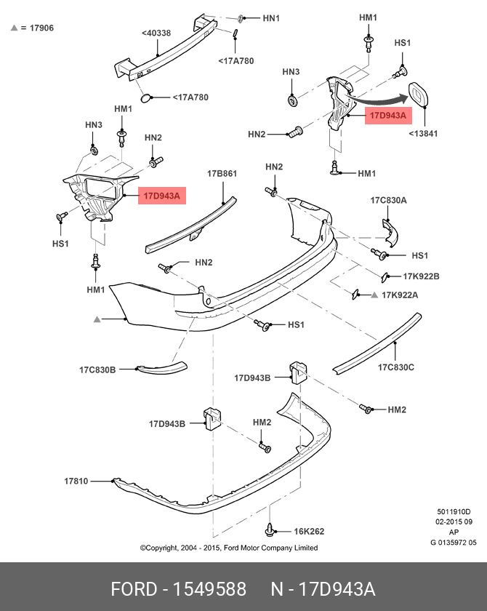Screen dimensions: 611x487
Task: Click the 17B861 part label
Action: pos(222,174)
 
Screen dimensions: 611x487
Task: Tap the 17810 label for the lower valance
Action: pos(76,481)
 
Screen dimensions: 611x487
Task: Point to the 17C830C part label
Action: pos(395,367)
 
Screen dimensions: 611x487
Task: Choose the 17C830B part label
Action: pos(97,370)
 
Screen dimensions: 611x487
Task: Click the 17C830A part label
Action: pos(388,200)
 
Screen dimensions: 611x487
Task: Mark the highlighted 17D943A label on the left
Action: pos(162,196)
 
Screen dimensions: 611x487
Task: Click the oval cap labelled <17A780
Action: pos(146,97)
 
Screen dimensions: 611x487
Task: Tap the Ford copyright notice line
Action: pos(228,548)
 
